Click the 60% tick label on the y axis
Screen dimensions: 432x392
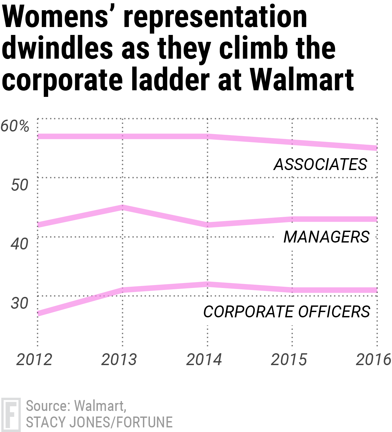coord(15,126)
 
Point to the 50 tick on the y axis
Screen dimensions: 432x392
coord(19,185)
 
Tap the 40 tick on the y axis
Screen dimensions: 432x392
coord(19,244)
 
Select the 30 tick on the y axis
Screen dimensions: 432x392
coord(19,303)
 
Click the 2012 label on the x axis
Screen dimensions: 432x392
coord(34,360)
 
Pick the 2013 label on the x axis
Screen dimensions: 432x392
coord(119,360)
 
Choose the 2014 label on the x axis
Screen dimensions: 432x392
coord(204,360)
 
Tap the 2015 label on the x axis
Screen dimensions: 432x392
coord(289,360)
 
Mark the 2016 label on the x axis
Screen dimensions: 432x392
coord(373,360)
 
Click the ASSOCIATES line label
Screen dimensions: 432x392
coord(320,164)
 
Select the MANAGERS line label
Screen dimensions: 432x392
coord(326,237)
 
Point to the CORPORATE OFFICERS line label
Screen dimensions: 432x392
coord(287,312)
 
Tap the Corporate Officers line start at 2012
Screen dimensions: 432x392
coord(38,313)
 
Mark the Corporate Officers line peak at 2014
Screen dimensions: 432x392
coord(207,284)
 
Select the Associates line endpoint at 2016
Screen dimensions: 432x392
coord(377,148)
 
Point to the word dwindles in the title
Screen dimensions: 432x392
coord(57,48)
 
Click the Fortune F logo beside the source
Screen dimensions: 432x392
coord(11,415)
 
